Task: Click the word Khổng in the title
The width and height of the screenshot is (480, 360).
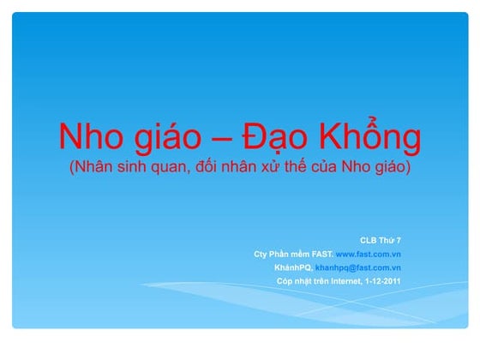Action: pyautogui.click(x=372, y=137)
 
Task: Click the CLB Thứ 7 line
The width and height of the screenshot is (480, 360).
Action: pyautogui.click(x=380, y=239)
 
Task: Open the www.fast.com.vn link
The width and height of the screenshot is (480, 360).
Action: pyautogui.click(x=369, y=254)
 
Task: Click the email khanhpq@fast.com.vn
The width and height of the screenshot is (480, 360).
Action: pyautogui.click(x=358, y=267)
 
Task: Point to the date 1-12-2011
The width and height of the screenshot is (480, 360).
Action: pyautogui.click(x=382, y=281)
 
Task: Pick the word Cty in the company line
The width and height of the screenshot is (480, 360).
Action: pyautogui.click(x=261, y=254)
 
